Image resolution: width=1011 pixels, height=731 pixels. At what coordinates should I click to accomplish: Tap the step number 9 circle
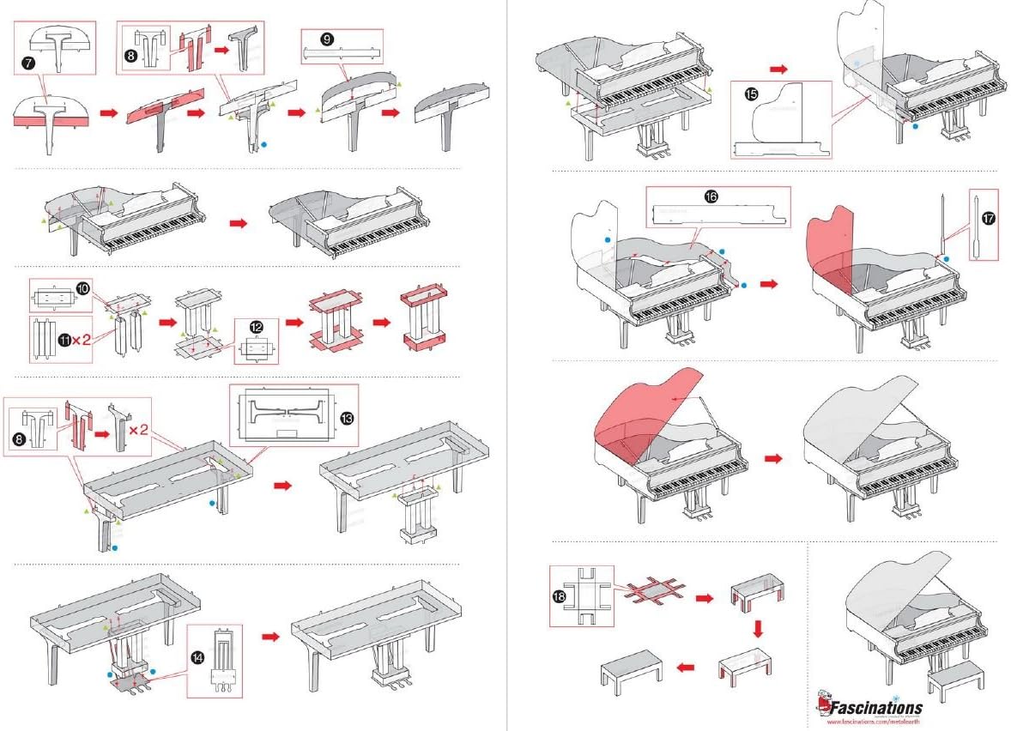pyautogui.click(x=327, y=39)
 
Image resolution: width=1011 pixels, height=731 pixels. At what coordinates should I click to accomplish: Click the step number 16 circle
pyautogui.click(x=711, y=196)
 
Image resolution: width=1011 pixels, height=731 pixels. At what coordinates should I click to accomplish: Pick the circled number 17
pyautogui.click(x=988, y=219)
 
